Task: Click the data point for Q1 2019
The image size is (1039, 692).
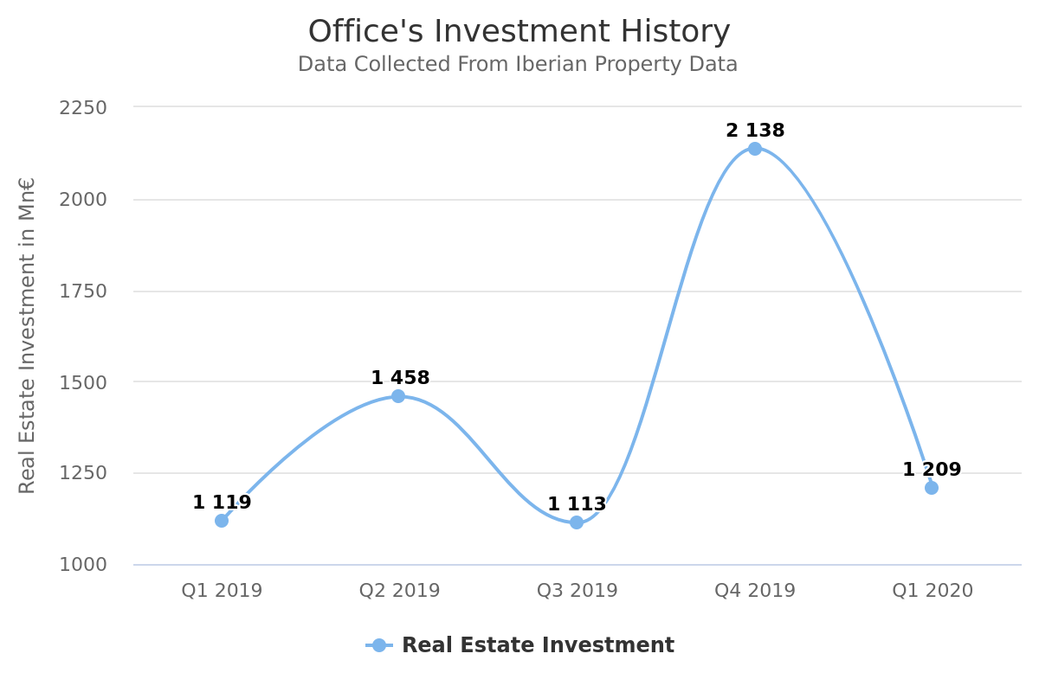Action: tap(222, 520)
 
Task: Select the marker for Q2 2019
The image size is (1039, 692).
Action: tap(398, 396)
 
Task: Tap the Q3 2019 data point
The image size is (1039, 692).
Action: tap(577, 522)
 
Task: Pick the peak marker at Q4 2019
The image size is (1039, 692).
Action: tap(755, 149)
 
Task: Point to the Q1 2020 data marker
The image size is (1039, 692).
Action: tap(932, 488)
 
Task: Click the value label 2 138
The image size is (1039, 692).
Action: tap(755, 131)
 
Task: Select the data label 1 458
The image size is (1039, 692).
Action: tap(400, 378)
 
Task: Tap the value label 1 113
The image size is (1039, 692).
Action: tap(577, 504)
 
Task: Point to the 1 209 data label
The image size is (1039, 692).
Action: tap(932, 470)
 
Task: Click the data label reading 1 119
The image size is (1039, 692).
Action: tap(222, 503)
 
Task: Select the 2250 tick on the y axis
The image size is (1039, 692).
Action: tap(83, 108)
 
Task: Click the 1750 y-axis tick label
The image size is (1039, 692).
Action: tap(83, 292)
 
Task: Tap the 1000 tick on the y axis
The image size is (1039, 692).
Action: tap(83, 565)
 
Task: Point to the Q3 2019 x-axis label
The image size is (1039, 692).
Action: tap(578, 591)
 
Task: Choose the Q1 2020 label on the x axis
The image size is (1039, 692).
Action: tap(933, 591)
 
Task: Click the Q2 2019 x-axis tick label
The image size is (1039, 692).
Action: tap(400, 591)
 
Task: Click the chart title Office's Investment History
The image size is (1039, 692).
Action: tap(519, 32)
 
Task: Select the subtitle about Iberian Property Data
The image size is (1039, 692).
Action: tap(518, 65)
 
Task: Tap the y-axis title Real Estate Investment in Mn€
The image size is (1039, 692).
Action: tap(27, 336)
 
